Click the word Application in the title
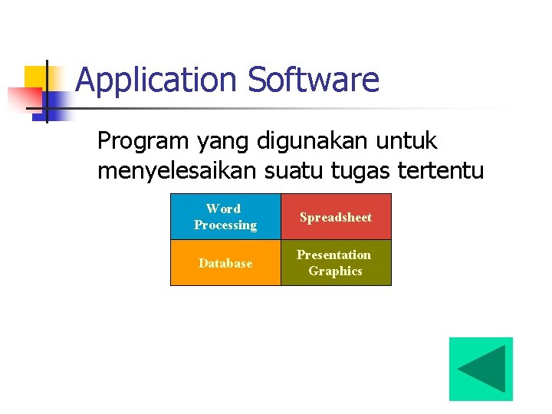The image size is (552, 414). (x=157, y=80)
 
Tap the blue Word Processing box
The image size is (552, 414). (x=225, y=217)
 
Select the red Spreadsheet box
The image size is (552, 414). (x=336, y=217)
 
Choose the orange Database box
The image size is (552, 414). (x=225, y=263)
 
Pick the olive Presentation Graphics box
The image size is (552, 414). (x=336, y=263)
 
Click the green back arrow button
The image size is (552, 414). (x=481, y=369)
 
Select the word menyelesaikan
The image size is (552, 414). (x=178, y=171)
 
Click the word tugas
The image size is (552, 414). (x=363, y=171)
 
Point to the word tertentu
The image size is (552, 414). (x=441, y=171)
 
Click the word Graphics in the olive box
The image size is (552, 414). (x=335, y=271)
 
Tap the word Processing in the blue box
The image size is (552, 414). (x=225, y=225)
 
